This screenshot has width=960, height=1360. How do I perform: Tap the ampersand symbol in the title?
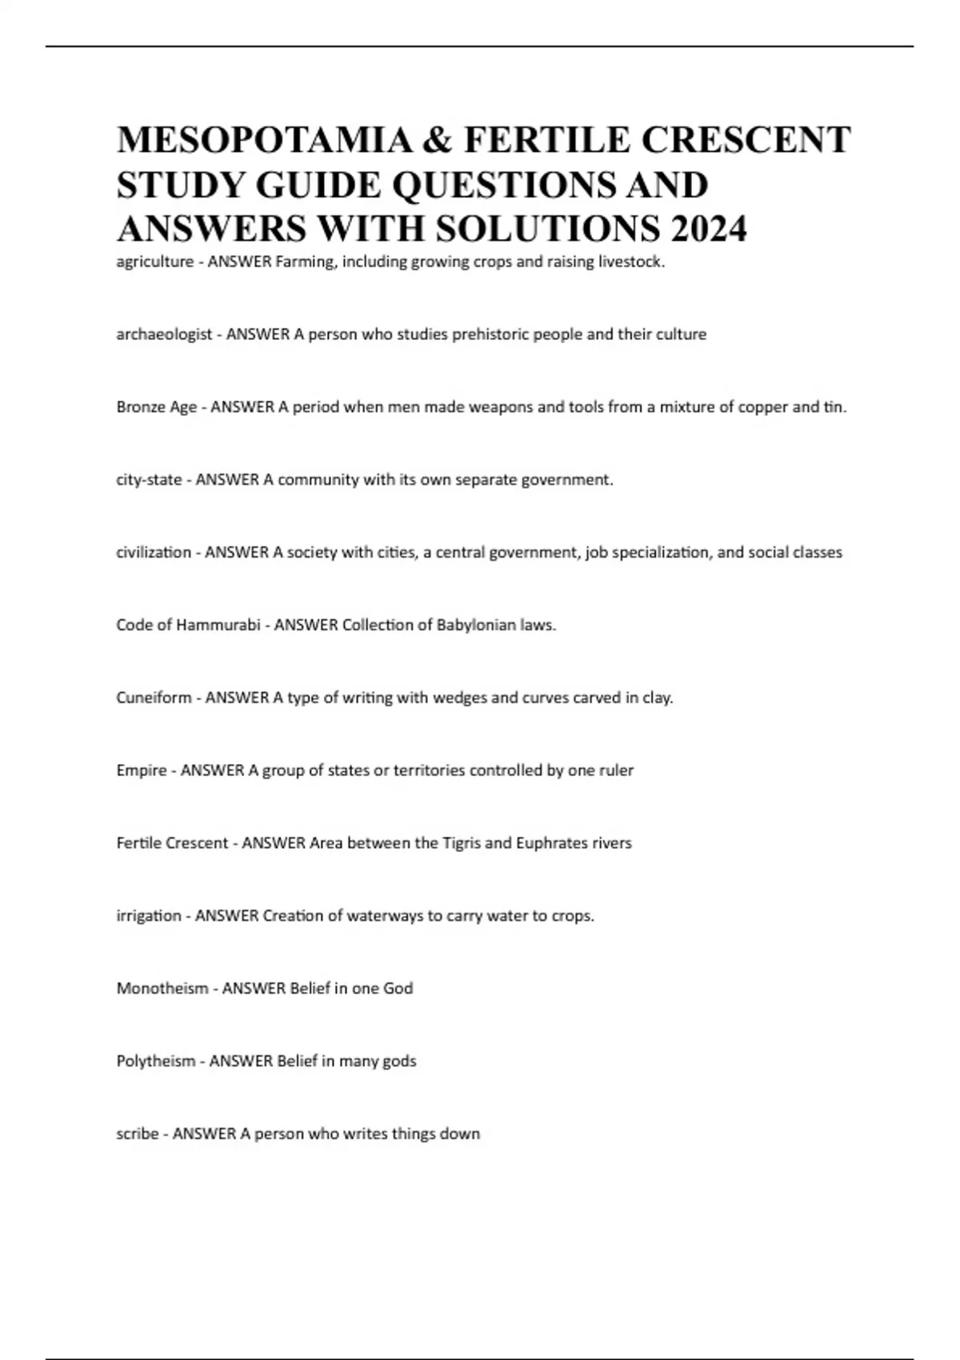(x=437, y=140)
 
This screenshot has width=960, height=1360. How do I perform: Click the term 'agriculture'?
(x=155, y=262)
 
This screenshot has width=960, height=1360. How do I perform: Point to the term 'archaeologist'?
(x=164, y=334)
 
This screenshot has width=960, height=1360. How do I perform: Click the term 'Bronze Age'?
(x=157, y=407)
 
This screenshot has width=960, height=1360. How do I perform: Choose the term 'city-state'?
(x=149, y=480)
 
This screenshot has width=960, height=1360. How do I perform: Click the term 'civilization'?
(x=154, y=553)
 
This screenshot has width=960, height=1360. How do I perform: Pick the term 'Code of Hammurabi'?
(x=188, y=626)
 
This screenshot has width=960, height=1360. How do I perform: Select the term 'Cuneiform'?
(x=154, y=698)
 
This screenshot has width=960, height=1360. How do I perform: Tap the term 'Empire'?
(x=142, y=770)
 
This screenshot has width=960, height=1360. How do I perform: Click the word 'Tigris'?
(x=462, y=843)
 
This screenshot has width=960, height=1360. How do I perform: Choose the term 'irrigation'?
(x=149, y=916)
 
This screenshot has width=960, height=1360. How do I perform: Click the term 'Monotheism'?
(x=162, y=989)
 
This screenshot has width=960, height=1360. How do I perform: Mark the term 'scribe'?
(x=138, y=1134)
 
